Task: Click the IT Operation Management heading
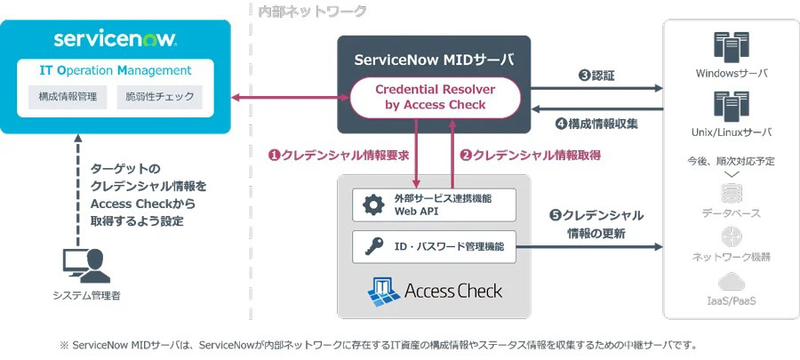pyautogui.click(x=116, y=70)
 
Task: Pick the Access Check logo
pyautogui.click(x=435, y=290)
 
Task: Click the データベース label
pyautogui.click(x=731, y=213)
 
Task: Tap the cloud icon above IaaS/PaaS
pyautogui.click(x=731, y=283)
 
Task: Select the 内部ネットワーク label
pyautogui.click(x=312, y=11)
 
